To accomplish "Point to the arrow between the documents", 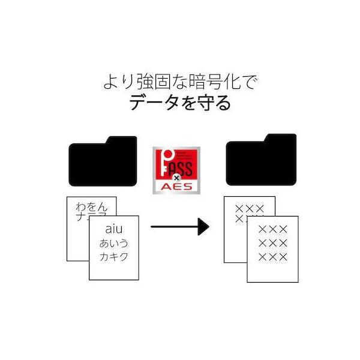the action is click(x=179, y=226).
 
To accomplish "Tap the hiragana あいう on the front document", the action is click(x=114, y=244).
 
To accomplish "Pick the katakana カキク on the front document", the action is click(x=114, y=259).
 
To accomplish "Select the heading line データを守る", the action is click(x=180, y=103).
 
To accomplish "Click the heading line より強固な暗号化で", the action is click(x=180, y=81).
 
